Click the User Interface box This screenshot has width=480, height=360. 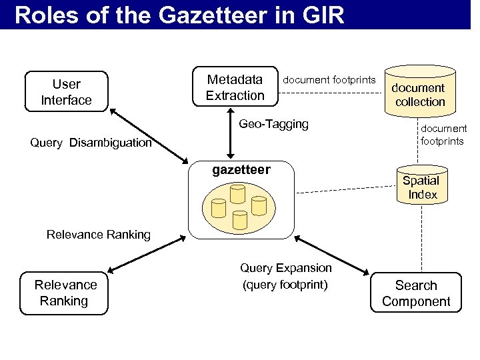pyautogui.click(x=66, y=91)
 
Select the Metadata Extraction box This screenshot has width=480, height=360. pyautogui.click(x=235, y=87)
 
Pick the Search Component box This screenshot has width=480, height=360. pyautogui.click(x=416, y=293)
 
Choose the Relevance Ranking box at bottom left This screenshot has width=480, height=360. pyautogui.click(x=65, y=293)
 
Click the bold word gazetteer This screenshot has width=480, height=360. pyautogui.click(x=241, y=170)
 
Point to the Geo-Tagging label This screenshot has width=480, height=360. pyautogui.click(x=273, y=124)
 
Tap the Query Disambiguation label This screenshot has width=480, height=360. pyautogui.click(x=91, y=143)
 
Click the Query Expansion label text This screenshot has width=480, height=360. pyautogui.click(x=285, y=268)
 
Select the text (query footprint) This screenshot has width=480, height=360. pyautogui.click(x=285, y=285)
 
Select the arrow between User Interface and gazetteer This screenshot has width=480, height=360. pyautogui.click(x=148, y=137)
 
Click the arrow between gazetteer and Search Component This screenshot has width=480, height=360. pyautogui.click(x=331, y=253)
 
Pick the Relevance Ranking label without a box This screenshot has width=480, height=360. pyautogui.click(x=98, y=235)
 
